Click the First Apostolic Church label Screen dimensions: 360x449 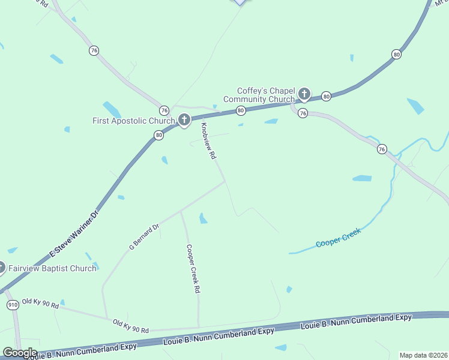pyautogui.click(x=133, y=121)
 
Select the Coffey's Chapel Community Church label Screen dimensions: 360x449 pyautogui.click(x=259, y=95)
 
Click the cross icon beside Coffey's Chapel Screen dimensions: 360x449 pyautogui.click(x=304, y=94)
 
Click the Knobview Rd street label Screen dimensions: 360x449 pyautogui.click(x=208, y=141)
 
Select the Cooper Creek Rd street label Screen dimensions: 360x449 pyautogui.click(x=193, y=269)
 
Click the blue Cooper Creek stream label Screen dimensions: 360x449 pyautogui.click(x=339, y=238)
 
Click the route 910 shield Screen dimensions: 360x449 pyautogui.click(x=13, y=305)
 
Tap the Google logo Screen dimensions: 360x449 pyautogui.click(x=20, y=353)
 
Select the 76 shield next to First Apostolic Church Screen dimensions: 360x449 pyautogui.click(x=164, y=110)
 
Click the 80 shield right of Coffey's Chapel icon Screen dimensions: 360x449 pyautogui.click(x=326, y=96)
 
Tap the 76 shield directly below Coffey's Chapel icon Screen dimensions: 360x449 pyautogui.click(x=303, y=113)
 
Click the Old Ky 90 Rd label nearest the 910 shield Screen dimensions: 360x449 pyautogui.click(x=40, y=303)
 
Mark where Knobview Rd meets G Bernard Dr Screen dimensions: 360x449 pyautogui.click(x=226, y=182)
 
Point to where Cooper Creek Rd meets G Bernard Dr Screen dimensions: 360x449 pyautogui.click(x=181, y=211)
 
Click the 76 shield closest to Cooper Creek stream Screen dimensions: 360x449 pyautogui.click(x=382, y=149)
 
